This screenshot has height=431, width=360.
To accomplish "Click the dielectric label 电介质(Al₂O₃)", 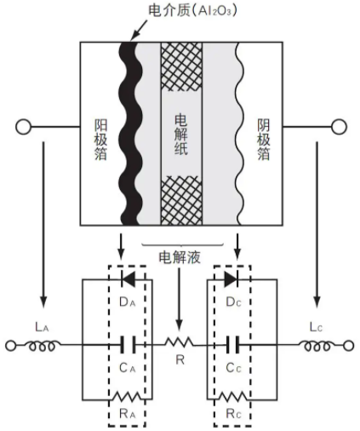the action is (x=192, y=11).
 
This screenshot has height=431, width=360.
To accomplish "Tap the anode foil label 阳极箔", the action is (x=100, y=140).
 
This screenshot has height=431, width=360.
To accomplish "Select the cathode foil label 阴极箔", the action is (x=264, y=140).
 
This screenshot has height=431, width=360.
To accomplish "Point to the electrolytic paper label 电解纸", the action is (x=181, y=135).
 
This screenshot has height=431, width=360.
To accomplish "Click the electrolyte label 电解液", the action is (x=180, y=257).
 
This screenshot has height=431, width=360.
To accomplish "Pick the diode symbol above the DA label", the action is (x=128, y=279).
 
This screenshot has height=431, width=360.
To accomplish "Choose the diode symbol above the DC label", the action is (x=231, y=279).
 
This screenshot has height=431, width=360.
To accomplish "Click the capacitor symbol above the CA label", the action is (x=128, y=345).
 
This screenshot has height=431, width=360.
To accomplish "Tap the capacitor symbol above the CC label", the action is (x=233, y=345).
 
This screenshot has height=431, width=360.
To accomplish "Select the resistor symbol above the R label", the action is (x=180, y=342).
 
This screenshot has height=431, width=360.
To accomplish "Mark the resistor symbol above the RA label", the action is (x=127, y=397).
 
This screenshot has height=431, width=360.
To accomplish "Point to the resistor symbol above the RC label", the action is (x=233, y=397).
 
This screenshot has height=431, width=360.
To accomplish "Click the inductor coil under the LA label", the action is (x=43, y=346).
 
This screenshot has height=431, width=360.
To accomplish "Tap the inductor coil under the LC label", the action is (x=317, y=346).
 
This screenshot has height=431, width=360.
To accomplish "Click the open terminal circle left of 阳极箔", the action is (x=23, y=127).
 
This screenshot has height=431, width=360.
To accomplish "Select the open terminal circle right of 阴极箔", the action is (x=339, y=127).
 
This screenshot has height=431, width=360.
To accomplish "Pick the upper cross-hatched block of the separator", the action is (x=181, y=66).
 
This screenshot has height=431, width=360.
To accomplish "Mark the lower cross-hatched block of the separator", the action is (x=181, y=200).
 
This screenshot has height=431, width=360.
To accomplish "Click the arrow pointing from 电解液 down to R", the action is (x=179, y=299).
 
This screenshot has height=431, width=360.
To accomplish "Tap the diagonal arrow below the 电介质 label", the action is (x=139, y=31).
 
